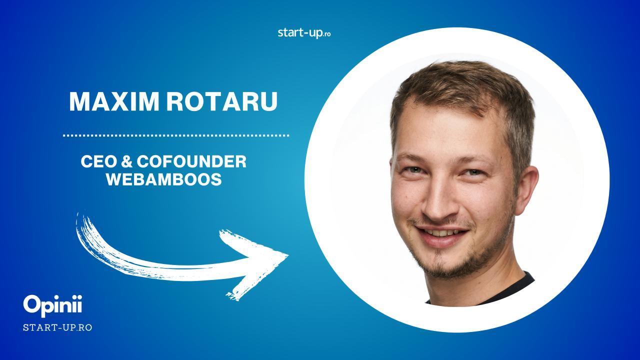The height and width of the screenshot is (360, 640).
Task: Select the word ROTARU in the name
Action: click(x=222, y=101)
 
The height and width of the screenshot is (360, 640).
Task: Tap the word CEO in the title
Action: click(x=98, y=161)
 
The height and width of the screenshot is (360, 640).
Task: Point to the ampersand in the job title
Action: click(x=126, y=161)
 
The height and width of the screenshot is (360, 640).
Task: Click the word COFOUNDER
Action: click(x=191, y=161)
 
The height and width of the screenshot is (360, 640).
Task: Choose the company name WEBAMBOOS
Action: click(x=164, y=179)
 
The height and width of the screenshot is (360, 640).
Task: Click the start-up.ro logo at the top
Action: click(x=304, y=33)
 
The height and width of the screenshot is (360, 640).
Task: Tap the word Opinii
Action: click(x=52, y=305)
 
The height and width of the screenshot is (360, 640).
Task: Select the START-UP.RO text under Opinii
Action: click(x=57, y=327)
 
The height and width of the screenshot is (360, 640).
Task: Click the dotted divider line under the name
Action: click(x=176, y=135)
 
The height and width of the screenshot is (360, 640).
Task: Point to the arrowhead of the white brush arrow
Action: click(x=288, y=255)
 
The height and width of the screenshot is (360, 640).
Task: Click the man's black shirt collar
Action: click(x=485, y=291)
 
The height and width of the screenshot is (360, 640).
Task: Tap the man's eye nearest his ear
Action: click(x=473, y=172)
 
